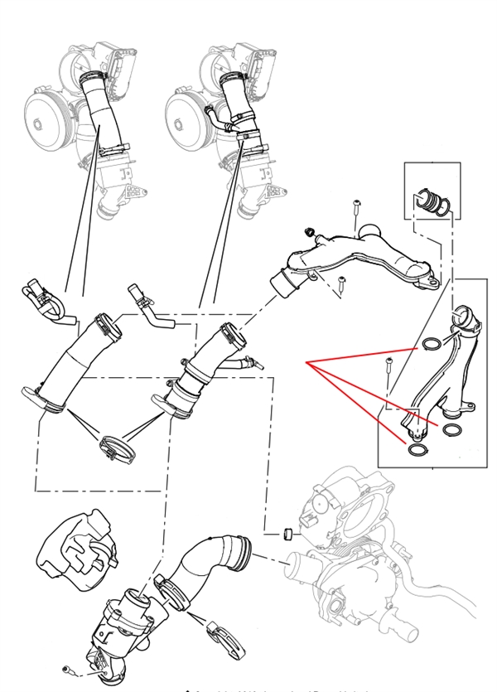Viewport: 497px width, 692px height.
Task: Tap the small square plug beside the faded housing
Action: (x=286, y=530)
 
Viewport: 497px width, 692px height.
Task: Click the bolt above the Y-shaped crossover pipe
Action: (x=355, y=207)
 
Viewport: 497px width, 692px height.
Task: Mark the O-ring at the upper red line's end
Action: (x=431, y=344)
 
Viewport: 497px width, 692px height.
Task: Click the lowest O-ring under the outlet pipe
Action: (x=418, y=449)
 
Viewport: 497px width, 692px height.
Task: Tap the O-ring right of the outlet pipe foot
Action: (x=453, y=428)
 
